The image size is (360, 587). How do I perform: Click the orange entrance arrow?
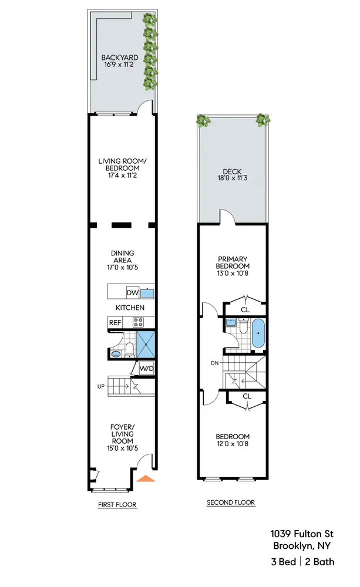pyautogui.click(x=146, y=478)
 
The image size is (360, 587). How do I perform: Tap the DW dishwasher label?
pyautogui.click(x=132, y=293)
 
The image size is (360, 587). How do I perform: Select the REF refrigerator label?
pyautogui.click(x=115, y=322)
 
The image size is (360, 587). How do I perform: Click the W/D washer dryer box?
pyautogui.click(x=146, y=369)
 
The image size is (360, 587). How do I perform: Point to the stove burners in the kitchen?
pyautogui.click(x=139, y=322)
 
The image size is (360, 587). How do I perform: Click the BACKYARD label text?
pyautogui.click(x=120, y=58)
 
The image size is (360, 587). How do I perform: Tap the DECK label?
pyautogui.click(x=232, y=171)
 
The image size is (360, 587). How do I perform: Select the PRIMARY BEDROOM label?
pyautogui.click(x=233, y=262)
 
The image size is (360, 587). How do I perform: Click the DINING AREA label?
pyautogui.click(x=122, y=257)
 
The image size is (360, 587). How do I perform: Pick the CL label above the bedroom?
pyautogui.click(x=247, y=396)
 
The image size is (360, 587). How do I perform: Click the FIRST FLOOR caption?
pyautogui.click(x=117, y=504)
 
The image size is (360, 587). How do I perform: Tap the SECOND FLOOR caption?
pyautogui.click(x=231, y=502)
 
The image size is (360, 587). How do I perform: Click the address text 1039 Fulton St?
pyautogui.click(x=302, y=534)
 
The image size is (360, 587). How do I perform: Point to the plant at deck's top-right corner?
pyautogui.click(x=263, y=120)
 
